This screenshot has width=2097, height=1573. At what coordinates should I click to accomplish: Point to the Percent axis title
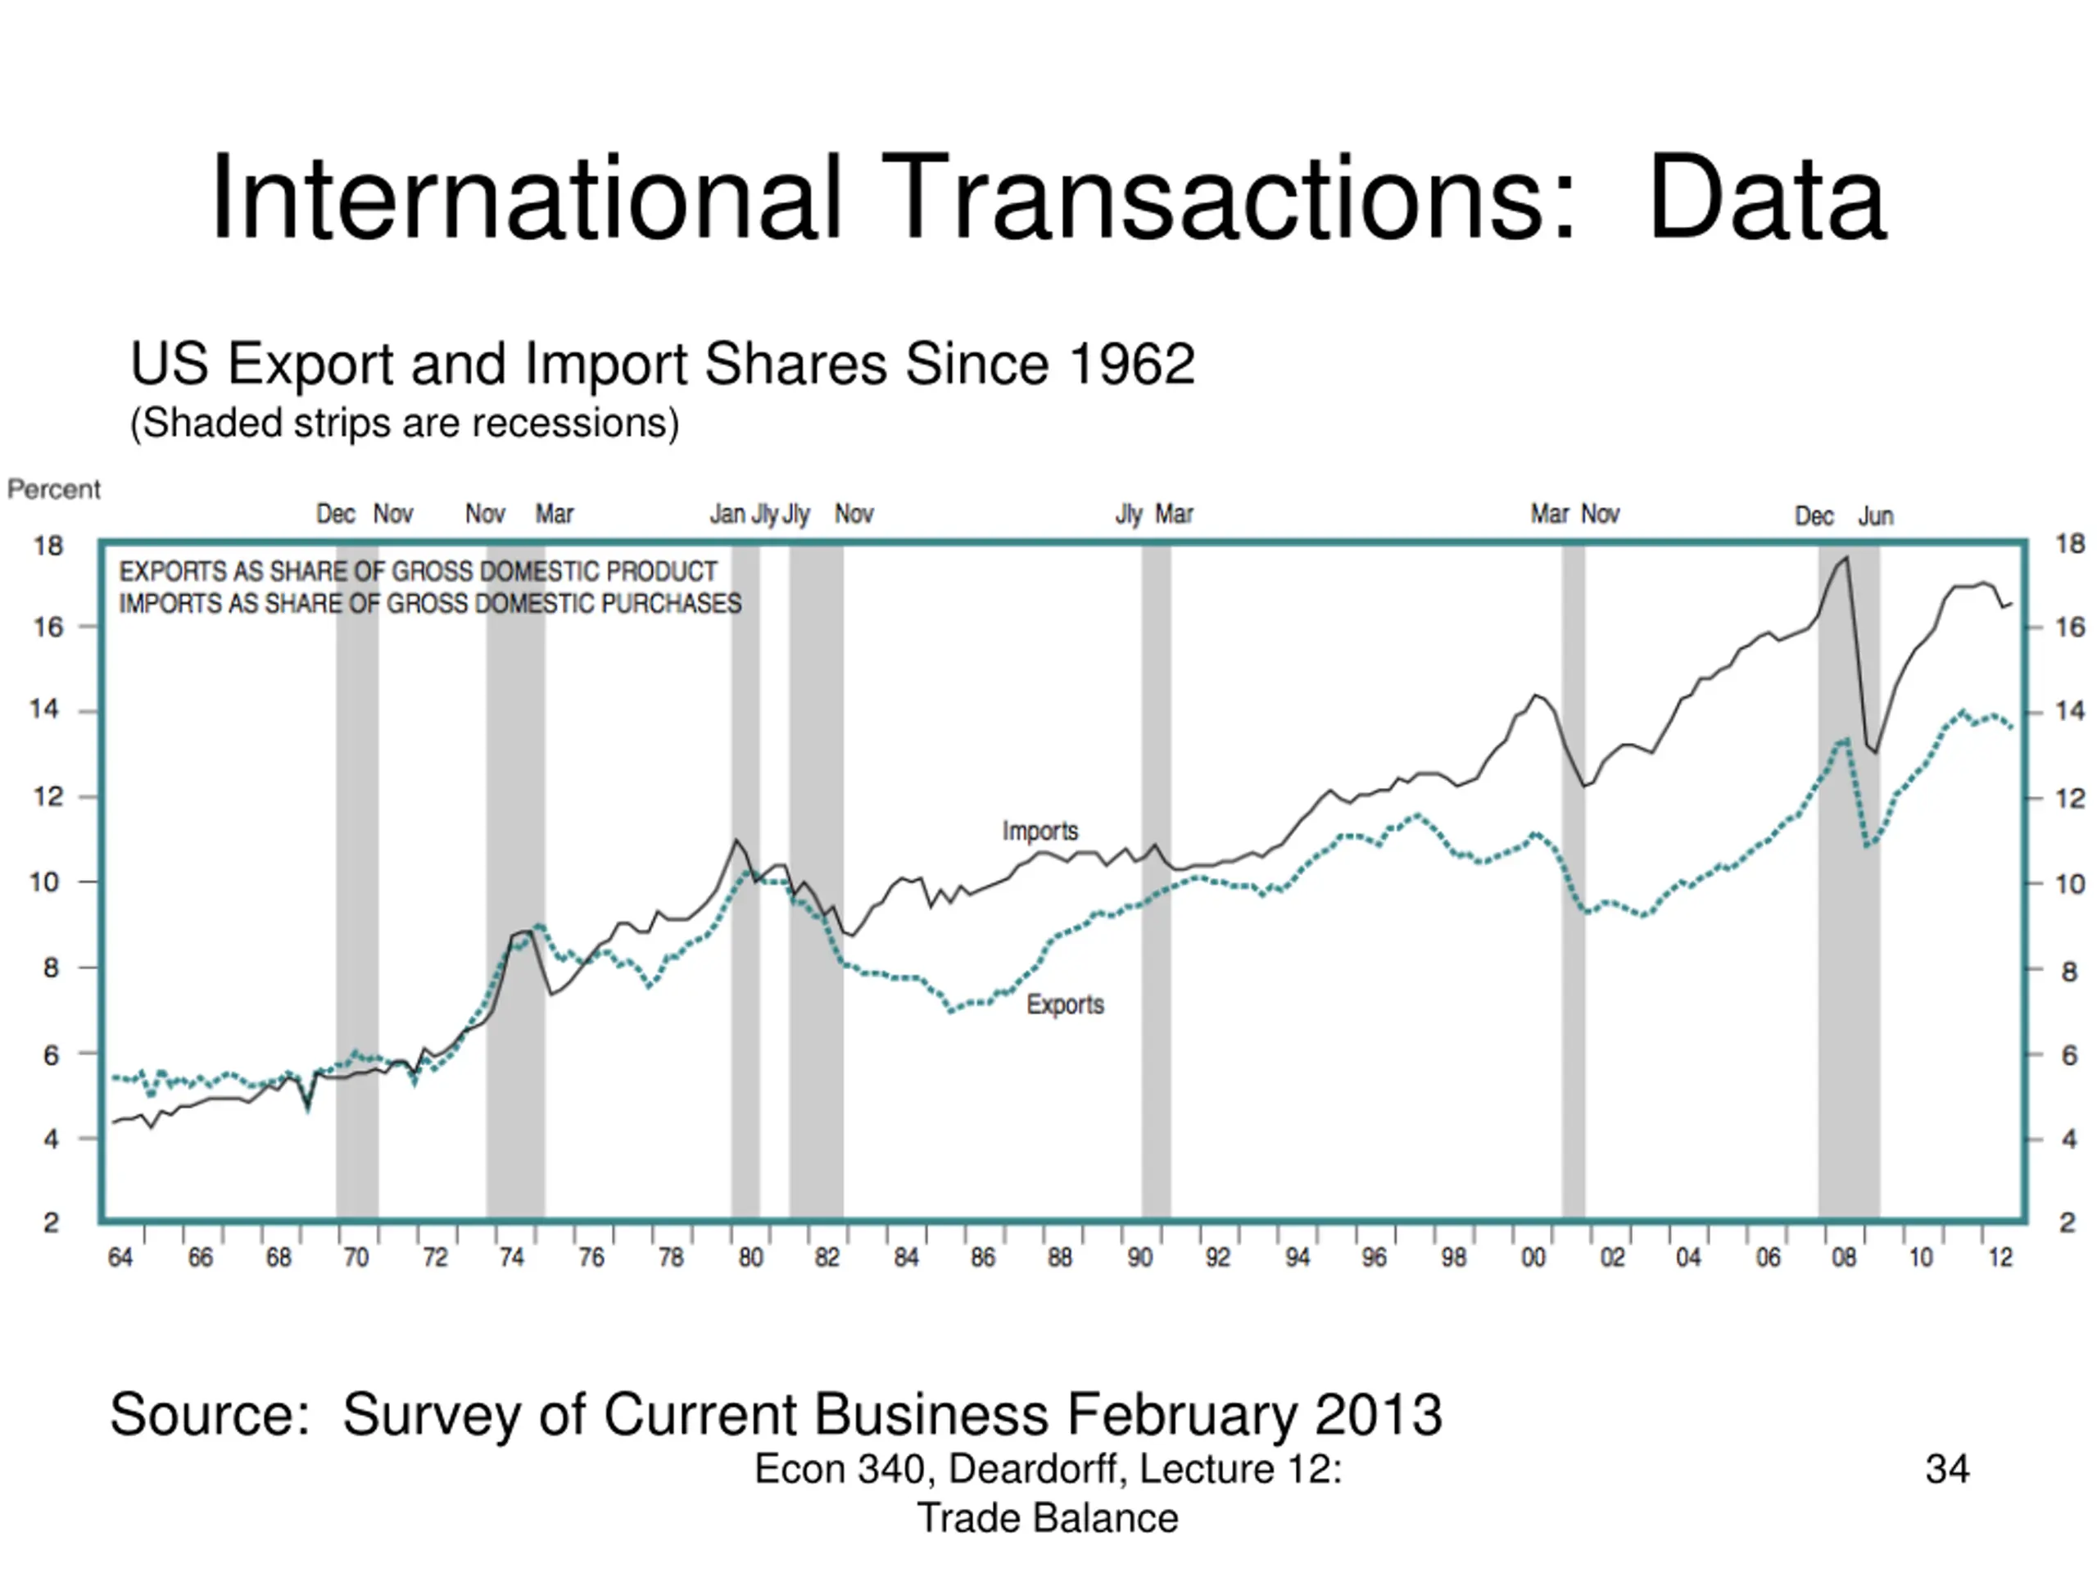pyautogui.click(x=53, y=489)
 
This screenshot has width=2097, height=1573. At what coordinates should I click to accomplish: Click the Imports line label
pyautogui.click(x=1040, y=832)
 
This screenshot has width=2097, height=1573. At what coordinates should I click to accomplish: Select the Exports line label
pyautogui.click(x=1065, y=1004)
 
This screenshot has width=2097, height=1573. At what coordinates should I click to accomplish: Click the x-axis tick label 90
pyautogui.click(x=1139, y=1258)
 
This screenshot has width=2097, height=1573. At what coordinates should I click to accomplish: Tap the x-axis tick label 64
pyautogui.click(x=120, y=1258)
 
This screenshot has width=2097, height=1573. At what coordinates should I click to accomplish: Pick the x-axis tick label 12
pyautogui.click(x=2000, y=1258)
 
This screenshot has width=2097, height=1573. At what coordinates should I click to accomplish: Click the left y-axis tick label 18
pyautogui.click(x=48, y=546)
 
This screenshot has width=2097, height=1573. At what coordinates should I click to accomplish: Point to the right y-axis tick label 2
pyautogui.click(x=2068, y=1223)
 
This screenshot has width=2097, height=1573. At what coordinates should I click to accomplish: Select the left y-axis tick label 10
pyautogui.click(x=44, y=882)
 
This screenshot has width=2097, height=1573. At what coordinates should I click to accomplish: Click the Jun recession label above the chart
pyautogui.click(x=1875, y=517)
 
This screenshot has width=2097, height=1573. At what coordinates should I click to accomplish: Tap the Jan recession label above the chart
pyautogui.click(x=727, y=515)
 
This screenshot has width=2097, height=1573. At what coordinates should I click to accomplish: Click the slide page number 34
pyautogui.click(x=1947, y=1470)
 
